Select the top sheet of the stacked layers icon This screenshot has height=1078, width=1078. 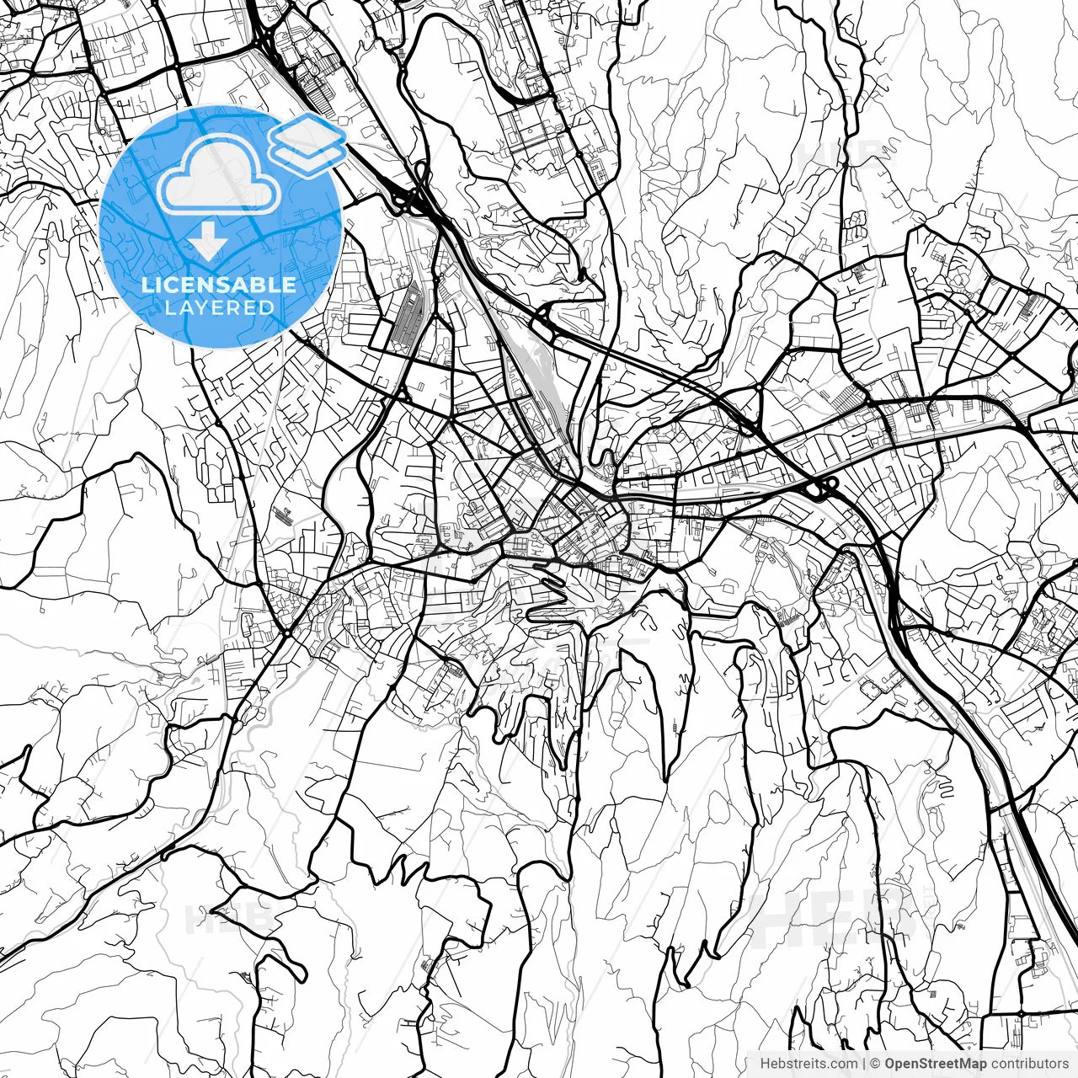pyautogui.click(x=308, y=133)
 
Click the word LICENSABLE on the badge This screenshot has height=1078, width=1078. pyautogui.click(x=219, y=285)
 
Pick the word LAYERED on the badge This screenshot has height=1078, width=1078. pyautogui.click(x=219, y=307)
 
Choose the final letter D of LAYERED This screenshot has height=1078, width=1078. pyautogui.click(x=267, y=307)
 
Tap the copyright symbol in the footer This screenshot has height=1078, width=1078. pyautogui.click(x=875, y=1064)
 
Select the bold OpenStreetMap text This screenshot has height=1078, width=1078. pyautogui.click(x=935, y=1064)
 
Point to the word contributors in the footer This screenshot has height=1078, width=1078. pyautogui.click(x=1029, y=1064)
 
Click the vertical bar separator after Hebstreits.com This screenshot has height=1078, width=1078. pyautogui.click(x=864, y=1064)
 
